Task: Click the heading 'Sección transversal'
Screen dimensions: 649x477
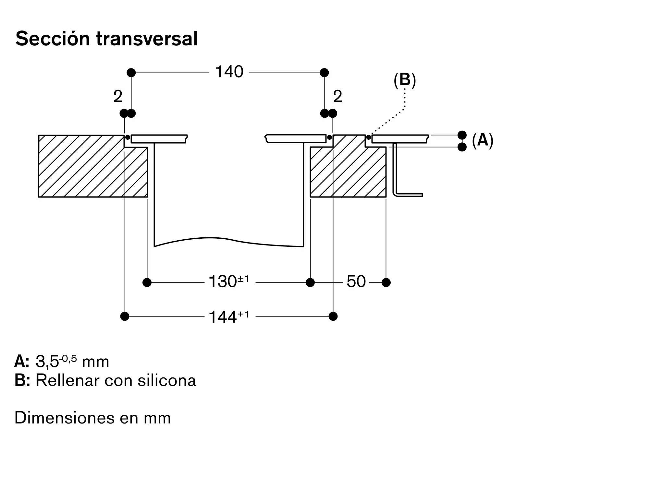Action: [106, 39]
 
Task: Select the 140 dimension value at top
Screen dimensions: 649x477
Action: [229, 72]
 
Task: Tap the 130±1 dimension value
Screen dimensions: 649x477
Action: [229, 281]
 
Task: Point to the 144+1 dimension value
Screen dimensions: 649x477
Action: [229, 316]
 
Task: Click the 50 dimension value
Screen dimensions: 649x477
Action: [356, 281]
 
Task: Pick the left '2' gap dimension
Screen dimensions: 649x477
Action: [118, 96]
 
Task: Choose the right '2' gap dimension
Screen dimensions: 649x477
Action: [337, 96]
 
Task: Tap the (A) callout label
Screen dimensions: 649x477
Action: [483, 140]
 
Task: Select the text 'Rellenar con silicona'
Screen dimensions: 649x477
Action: [116, 380]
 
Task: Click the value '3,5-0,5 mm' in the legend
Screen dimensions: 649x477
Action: [72, 361]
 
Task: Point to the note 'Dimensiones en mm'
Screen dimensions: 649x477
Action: [93, 418]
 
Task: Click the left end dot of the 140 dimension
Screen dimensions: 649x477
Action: [131, 73]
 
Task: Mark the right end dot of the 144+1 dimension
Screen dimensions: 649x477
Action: [333, 316]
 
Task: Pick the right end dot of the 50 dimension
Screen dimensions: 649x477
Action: [386, 282]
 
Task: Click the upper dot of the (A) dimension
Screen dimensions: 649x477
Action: [462, 135]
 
